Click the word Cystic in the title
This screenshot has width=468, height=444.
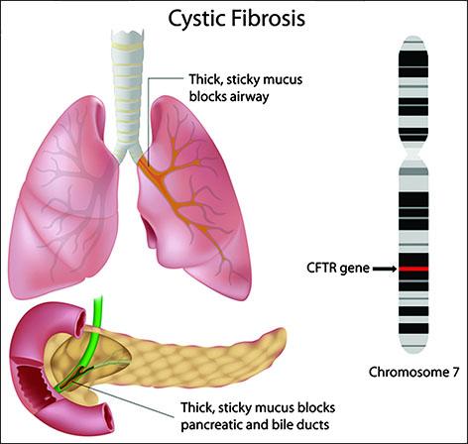196,19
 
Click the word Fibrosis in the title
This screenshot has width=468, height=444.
268,18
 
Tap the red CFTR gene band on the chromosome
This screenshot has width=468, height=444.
413,269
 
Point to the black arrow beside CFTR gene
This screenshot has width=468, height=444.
385,269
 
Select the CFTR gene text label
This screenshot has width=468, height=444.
338,268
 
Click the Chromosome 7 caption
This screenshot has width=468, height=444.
413,373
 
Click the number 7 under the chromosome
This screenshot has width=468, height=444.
455,373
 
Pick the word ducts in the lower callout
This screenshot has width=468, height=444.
314,424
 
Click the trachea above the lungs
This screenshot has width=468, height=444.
127,92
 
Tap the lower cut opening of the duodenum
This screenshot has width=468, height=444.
108,418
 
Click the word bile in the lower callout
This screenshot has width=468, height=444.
284,424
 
